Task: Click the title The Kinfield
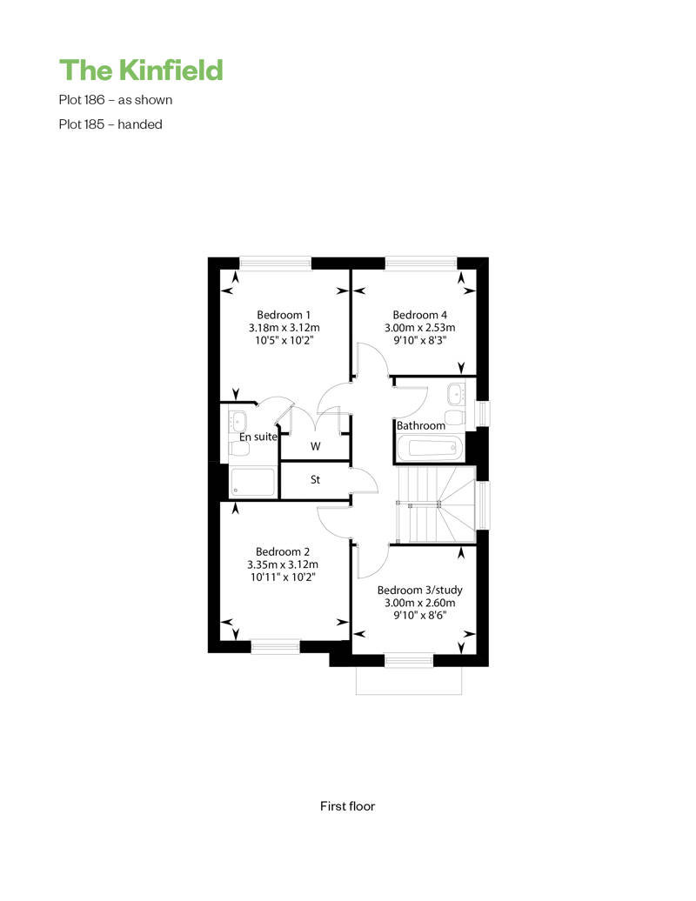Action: pyautogui.click(x=141, y=70)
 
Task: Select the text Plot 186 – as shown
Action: pyautogui.click(x=116, y=100)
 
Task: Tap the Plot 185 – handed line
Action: pyautogui.click(x=110, y=124)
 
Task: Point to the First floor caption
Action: pyautogui.click(x=347, y=806)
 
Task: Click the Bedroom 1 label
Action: pyautogui.click(x=284, y=315)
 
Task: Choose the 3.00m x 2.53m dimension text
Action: pyautogui.click(x=419, y=328)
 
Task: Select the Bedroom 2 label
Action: pyautogui.click(x=282, y=551)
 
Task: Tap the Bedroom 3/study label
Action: pyautogui.click(x=419, y=591)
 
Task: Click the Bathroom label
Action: pyautogui.click(x=421, y=426)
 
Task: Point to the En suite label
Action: pyautogui.click(x=258, y=437)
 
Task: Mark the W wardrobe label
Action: pyautogui.click(x=316, y=446)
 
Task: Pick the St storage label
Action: pyautogui.click(x=315, y=479)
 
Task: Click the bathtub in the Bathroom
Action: pyautogui.click(x=429, y=448)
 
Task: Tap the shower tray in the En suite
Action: pyautogui.click(x=253, y=482)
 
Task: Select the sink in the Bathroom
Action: pyautogui.click(x=457, y=394)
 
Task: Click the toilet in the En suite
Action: pyautogui.click(x=239, y=448)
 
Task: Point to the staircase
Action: pyautogui.click(x=436, y=504)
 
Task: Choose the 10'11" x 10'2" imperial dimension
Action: pyautogui.click(x=283, y=577)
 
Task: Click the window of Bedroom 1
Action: pyautogui.click(x=275, y=264)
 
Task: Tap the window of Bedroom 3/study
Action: pyautogui.click(x=409, y=660)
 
